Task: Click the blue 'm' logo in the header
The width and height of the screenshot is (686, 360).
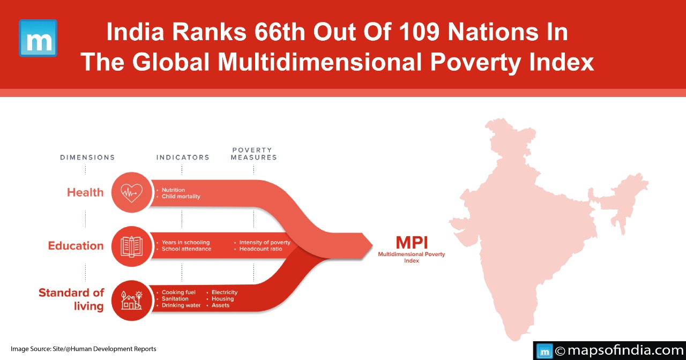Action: (38, 38)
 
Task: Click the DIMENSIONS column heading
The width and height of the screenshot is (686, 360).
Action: (87, 157)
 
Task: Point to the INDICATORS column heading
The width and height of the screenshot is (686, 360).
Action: (183, 157)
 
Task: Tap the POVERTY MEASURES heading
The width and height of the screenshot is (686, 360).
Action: (254, 154)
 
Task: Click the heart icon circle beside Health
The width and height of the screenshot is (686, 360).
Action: (132, 192)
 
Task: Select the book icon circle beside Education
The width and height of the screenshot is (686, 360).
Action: (132, 246)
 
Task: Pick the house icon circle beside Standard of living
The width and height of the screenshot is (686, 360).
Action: (132, 301)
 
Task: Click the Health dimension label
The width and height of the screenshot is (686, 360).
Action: (85, 192)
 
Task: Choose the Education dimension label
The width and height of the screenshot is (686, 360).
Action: (76, 246)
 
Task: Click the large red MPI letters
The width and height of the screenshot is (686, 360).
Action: (412, 243)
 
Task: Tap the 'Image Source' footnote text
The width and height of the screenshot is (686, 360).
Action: (83, 349)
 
